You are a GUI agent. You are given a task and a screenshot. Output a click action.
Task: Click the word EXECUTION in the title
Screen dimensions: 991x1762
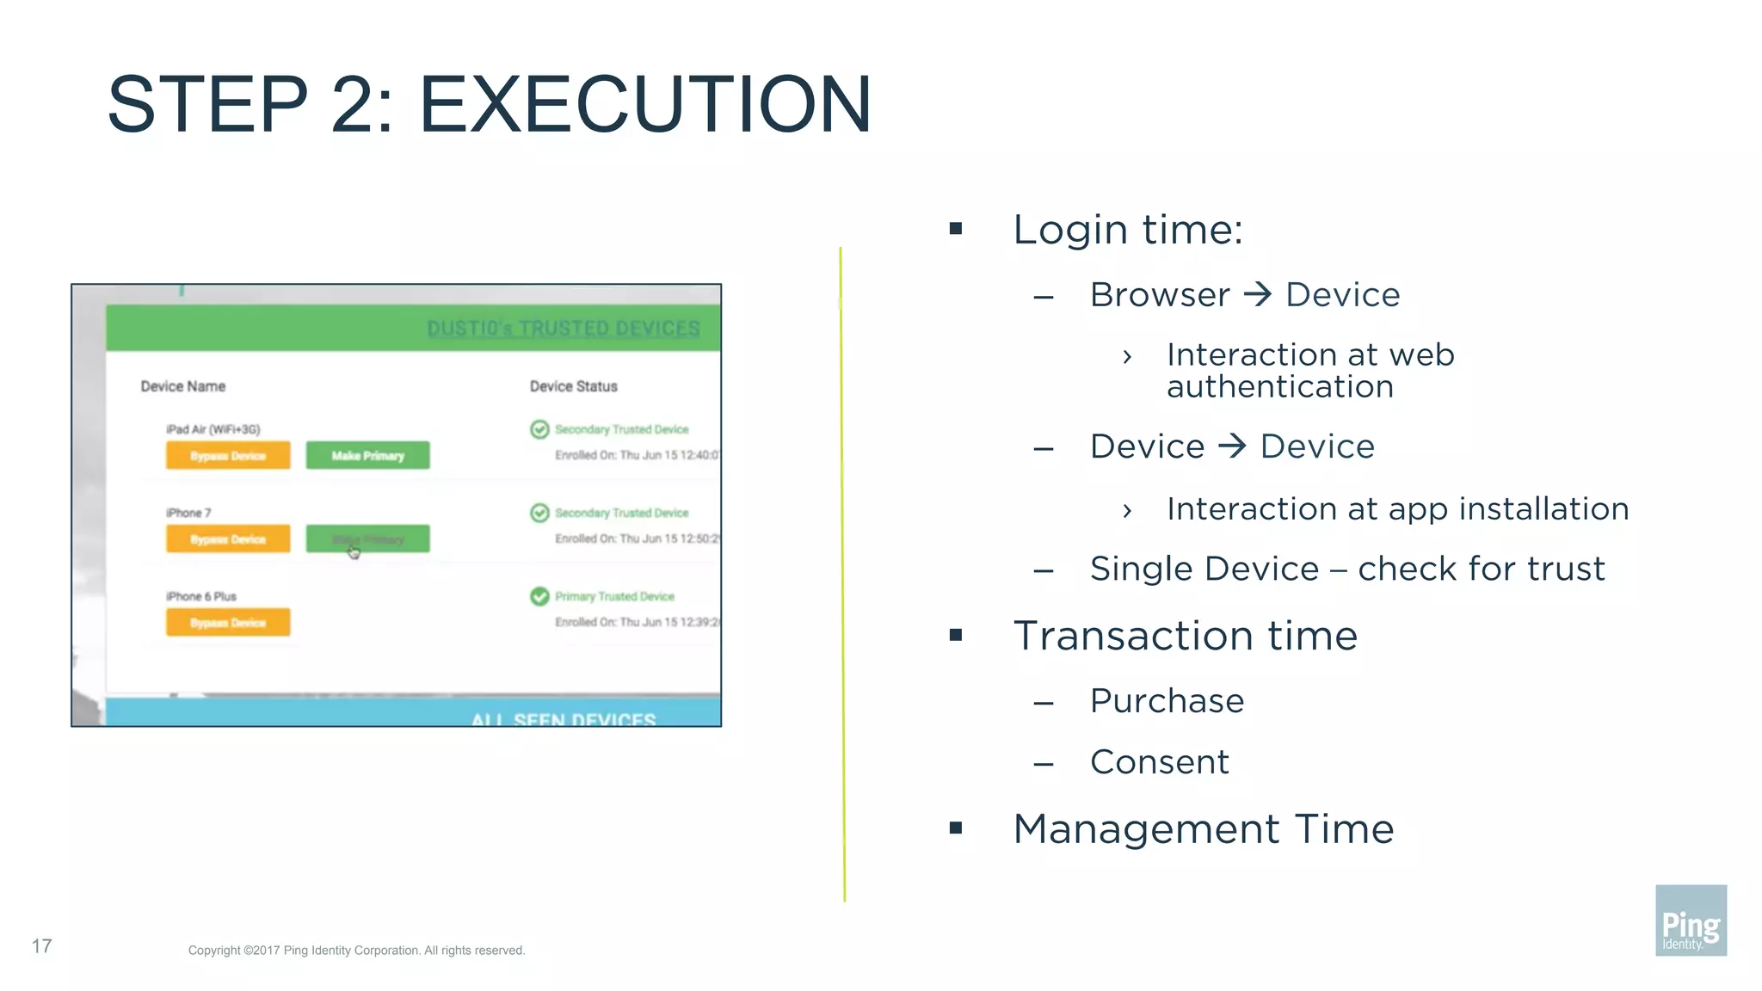click(645, 105)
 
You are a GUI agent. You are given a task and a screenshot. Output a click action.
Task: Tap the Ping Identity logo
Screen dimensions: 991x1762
click(1690, 920)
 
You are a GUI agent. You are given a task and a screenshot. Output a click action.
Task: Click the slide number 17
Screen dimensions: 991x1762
click(41, 946)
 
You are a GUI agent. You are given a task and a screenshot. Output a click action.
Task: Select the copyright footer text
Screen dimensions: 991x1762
click(356, 951)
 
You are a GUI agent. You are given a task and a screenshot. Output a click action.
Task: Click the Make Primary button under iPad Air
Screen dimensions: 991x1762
click(367, 456)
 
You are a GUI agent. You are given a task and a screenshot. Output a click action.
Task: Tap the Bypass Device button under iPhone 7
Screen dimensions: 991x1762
click(228, 539)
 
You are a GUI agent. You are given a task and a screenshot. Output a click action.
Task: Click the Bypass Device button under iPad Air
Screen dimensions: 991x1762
click(228, 456)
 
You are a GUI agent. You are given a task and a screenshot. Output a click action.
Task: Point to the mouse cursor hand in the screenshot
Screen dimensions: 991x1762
click(354, 552)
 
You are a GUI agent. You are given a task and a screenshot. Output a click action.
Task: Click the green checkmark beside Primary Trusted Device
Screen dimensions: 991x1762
click(539, 596)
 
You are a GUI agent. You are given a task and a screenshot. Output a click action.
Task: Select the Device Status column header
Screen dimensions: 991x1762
click(573, 386)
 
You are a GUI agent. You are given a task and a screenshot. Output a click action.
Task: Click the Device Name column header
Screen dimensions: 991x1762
click(183, 386)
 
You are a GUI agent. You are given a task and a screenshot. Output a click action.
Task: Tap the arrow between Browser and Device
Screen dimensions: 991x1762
click(1258, 295)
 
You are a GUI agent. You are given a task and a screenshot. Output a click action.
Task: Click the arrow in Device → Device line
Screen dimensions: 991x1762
click(1232, 446)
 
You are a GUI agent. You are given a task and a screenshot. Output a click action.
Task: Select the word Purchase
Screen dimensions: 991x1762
click(1167, 701)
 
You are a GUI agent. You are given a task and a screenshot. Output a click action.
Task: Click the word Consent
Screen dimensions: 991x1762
click(1159, 762)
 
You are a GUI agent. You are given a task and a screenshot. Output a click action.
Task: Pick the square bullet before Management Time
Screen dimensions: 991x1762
click(955, 828)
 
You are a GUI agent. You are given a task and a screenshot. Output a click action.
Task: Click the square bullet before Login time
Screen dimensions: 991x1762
click(955, 229)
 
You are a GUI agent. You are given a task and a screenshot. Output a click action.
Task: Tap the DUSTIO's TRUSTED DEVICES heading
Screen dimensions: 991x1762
click(564, 329)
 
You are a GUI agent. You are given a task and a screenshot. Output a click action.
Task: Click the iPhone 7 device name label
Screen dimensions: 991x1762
click(188, 513)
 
